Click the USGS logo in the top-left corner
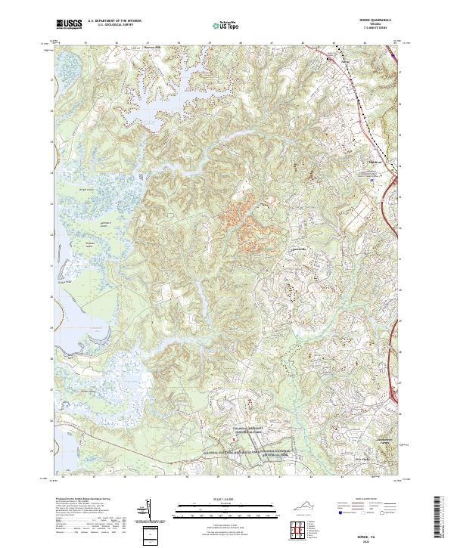point(69,25)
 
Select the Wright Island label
point(87,190)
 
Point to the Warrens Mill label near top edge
point(155,46)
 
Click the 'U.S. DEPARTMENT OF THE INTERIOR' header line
point(113,22)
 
